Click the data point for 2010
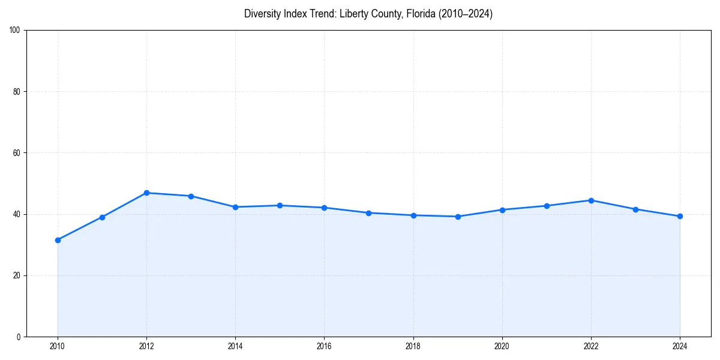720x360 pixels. [x=58, y=240]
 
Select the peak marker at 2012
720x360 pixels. [x=146, y=193]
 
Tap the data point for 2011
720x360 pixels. [x=102, y=217]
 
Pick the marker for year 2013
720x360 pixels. [x=191, y=196]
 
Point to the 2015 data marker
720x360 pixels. [x=280, y=205]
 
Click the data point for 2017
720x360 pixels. [x=368, y=213]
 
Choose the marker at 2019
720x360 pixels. [x=458, y=217]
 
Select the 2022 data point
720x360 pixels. [x=591, y=200]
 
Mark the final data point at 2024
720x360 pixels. [x=680, y=216]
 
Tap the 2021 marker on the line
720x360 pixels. [x=547, y=206]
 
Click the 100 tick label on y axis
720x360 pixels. [x=16, y=30]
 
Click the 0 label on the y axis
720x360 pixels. [x=19, y=337]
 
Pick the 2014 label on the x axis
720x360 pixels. [x=235, y=346]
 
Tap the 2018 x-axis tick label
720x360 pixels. [x=413, y=346]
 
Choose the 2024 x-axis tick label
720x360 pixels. [x=680, y=346]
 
